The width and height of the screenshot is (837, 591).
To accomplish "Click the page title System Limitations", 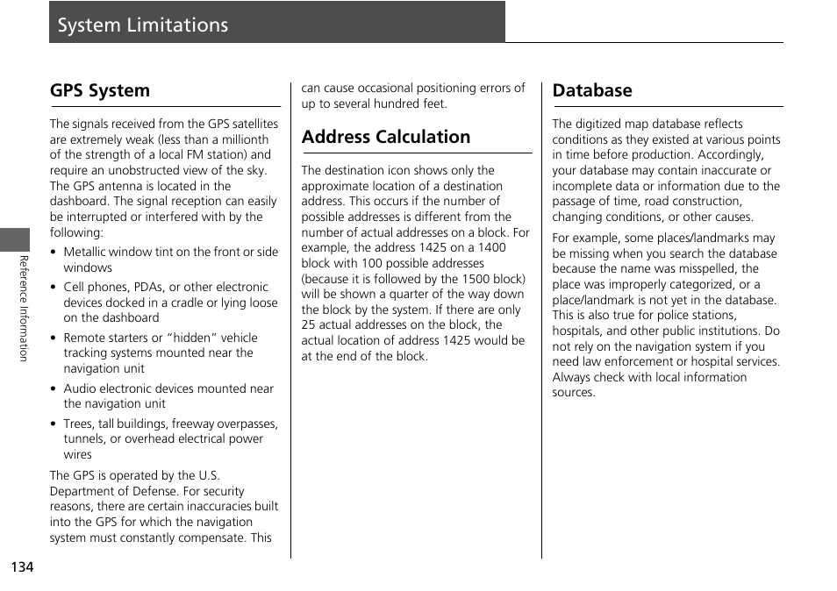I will (143, 25).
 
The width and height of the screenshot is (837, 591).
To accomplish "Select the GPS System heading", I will (100, 90).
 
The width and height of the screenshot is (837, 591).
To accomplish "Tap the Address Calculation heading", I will (386, 137).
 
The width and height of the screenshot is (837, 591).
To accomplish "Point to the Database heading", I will (592, 90).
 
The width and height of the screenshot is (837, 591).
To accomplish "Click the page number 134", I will (23, 566).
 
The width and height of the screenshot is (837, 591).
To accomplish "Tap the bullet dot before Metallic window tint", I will (54, 253).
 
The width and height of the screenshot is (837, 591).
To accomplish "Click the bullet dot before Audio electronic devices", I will (54, 389).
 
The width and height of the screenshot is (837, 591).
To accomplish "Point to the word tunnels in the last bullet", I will (84, 439).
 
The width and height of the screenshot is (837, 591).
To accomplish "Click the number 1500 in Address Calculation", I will (470, 279).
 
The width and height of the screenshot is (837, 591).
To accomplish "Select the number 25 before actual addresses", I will (309, 325).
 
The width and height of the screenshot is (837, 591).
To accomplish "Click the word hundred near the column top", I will (397, 103).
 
